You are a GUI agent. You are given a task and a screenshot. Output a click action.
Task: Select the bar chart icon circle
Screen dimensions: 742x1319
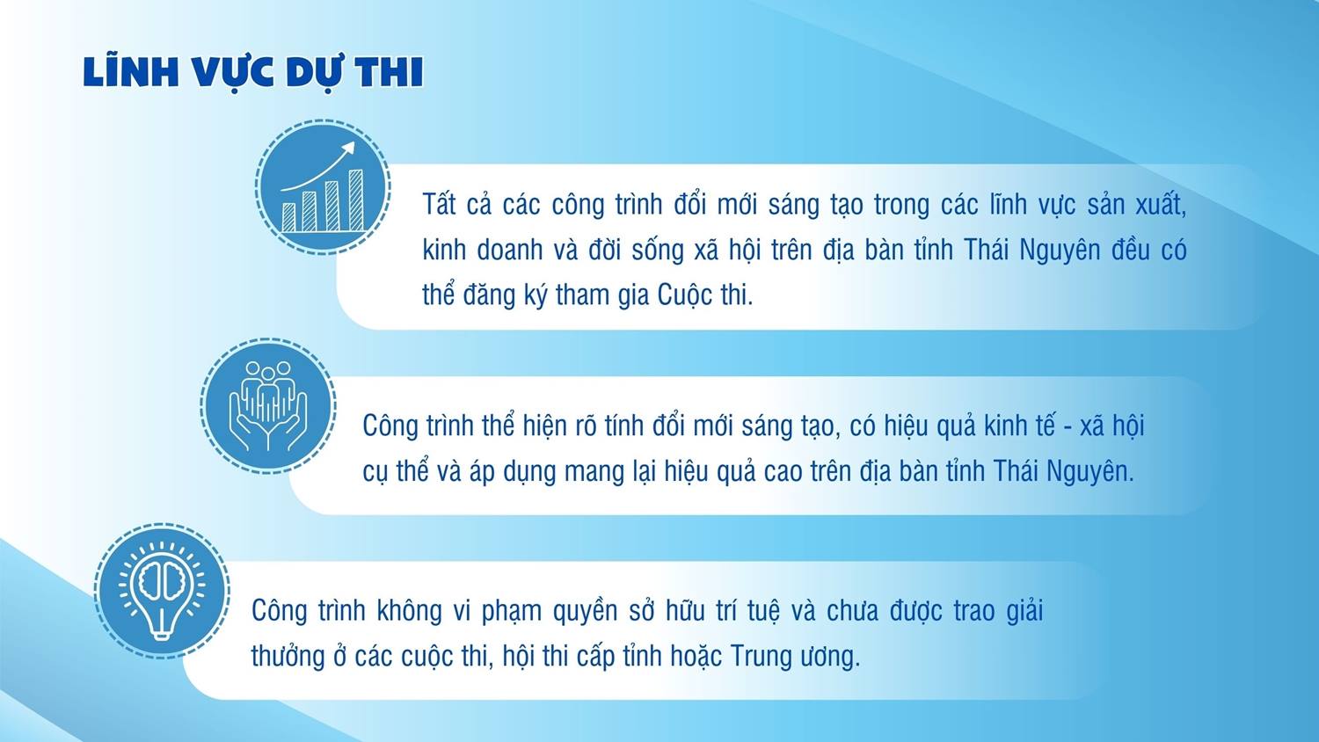click(323, 186)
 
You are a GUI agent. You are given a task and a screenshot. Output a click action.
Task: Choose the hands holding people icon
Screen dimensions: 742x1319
click(268, 406)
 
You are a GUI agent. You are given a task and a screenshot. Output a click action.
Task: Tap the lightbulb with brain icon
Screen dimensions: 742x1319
click(162, 591)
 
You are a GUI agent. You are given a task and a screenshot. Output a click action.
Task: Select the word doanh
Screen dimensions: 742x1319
click(510, 250)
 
